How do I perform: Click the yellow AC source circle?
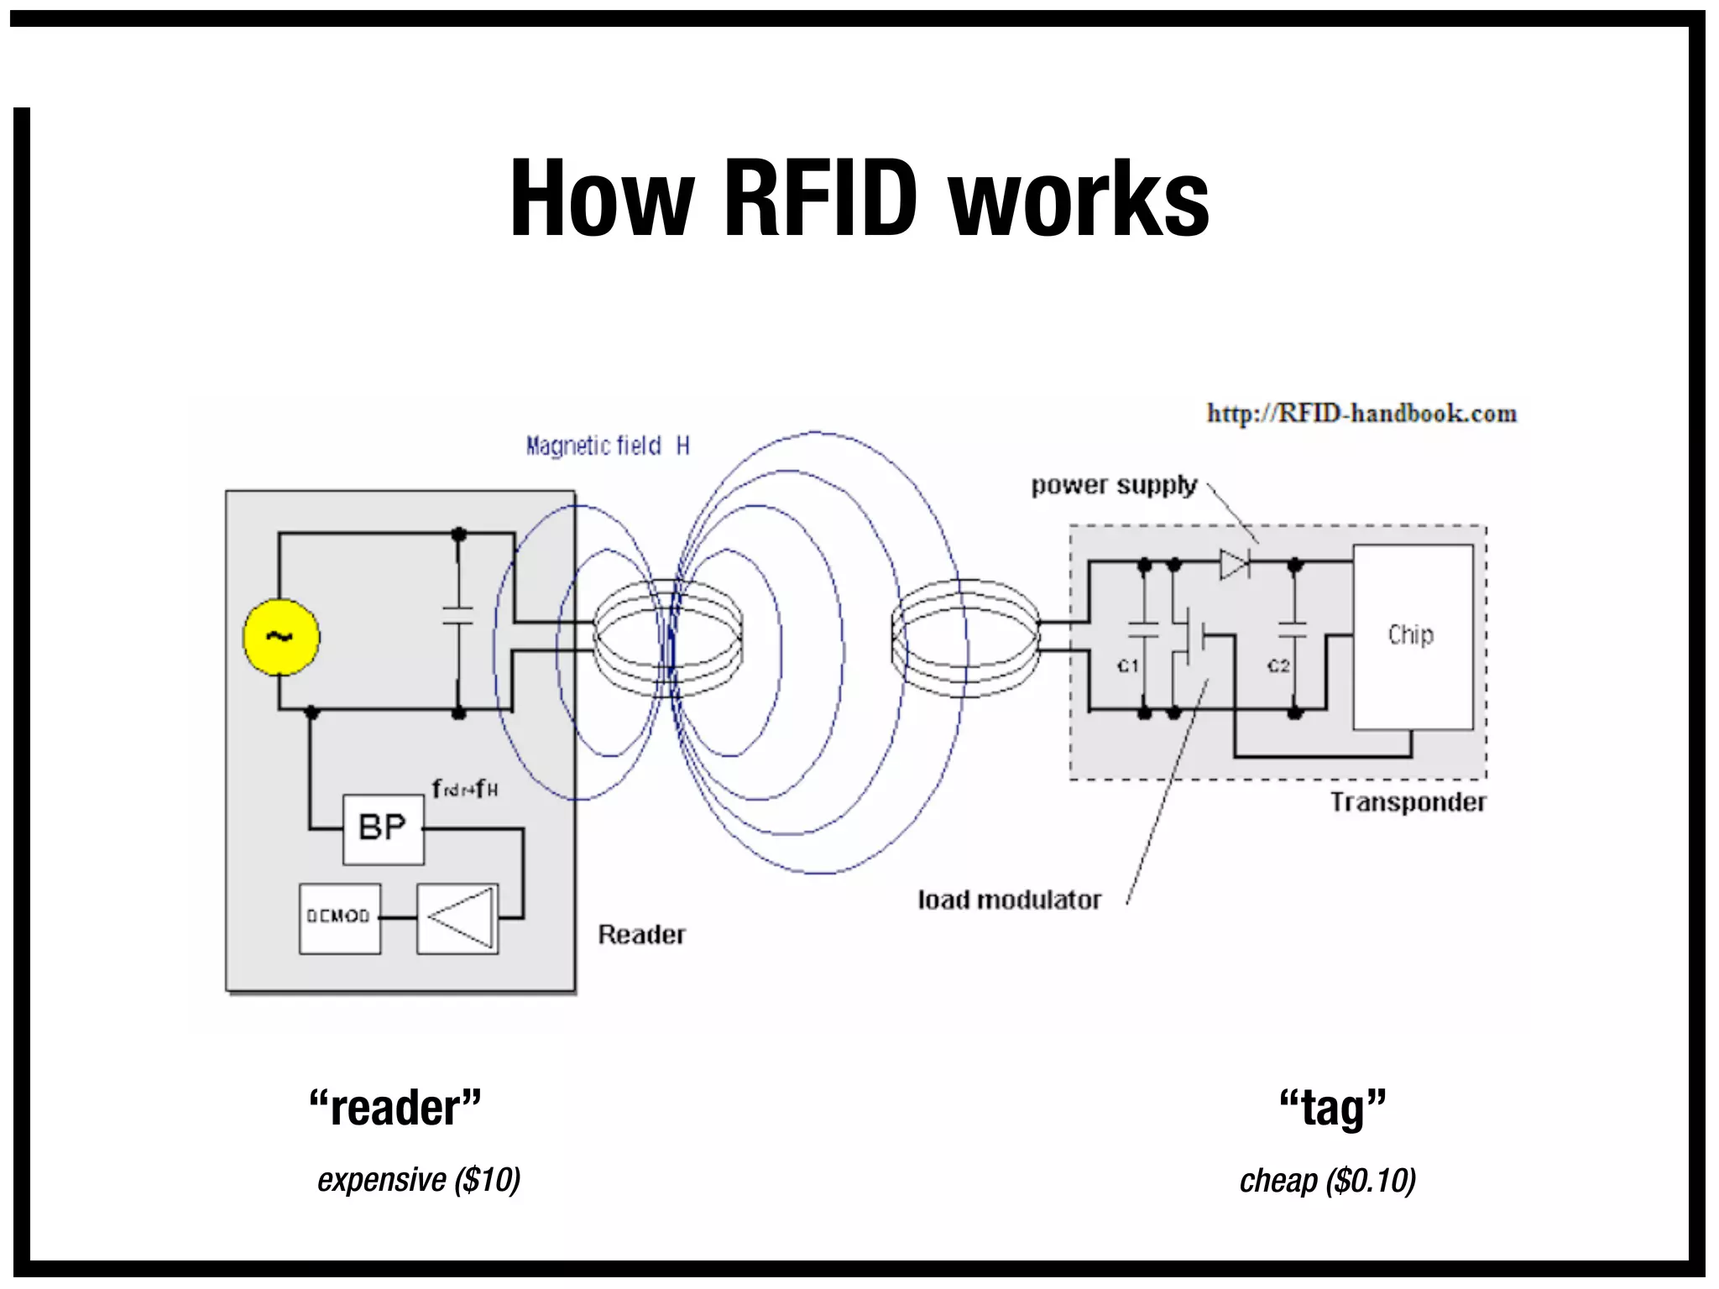click(x=281, y=637)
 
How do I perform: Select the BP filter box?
click(x=383, y=828)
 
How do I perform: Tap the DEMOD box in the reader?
click(x=339, y=917)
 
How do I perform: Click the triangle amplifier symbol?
click(x=457, y=918)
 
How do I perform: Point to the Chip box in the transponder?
click(x=1413, y=637)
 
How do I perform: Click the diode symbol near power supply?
click(x=1234, y=564)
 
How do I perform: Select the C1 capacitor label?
click(x=1128, y=665)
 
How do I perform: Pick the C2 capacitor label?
click(x=1278, y=665)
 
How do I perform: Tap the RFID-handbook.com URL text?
click(x=1361, y=414)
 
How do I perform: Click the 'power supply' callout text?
click(x=1114, y=486)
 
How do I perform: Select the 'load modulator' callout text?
click(x=1009, y=900)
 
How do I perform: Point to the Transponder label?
click(x=1408, y=802)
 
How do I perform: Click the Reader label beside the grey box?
click(x=641, y=934)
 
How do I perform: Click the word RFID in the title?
click(x=819, y=199)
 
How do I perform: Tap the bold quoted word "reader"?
click(x=395, y=1108)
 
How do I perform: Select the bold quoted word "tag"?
click(x=1332, y=1108)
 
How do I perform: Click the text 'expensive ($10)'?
click(x=419, y=1180)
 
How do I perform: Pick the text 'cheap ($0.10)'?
click(x=1328, y=1181)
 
